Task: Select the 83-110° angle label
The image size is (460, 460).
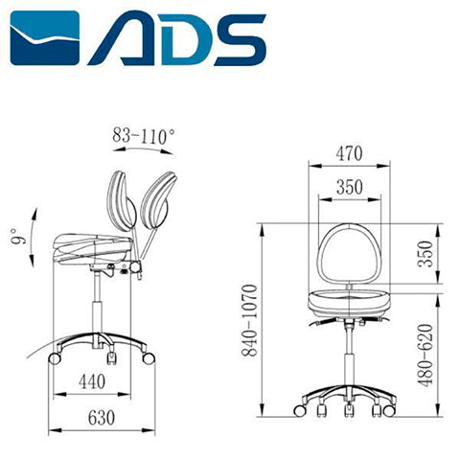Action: pos(144,137)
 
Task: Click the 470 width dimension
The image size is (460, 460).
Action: pos(350,151)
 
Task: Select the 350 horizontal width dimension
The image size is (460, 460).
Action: pos(350,188)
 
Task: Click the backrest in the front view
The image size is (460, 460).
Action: pos(350,254)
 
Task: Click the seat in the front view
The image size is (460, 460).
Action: pos(350,304)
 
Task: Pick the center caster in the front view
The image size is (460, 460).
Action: pos(348,409)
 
